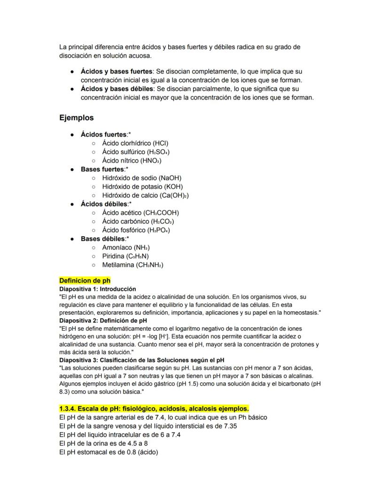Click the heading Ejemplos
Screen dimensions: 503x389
[x=76, y=117]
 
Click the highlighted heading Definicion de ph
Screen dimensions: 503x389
[x=85, y=281]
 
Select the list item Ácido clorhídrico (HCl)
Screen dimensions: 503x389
[x=135, y=143]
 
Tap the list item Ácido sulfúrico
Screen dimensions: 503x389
[x=136, y=152]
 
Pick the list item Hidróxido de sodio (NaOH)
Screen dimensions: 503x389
[x=141, y=178]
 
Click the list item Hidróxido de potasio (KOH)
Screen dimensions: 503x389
[x=142, y=186]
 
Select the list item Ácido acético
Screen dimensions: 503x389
[x=140, y=213]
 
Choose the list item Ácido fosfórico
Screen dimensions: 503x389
[x=136, y=230]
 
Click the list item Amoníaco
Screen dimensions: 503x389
[x=125, y=248]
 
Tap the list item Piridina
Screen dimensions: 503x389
[x=125, y=256]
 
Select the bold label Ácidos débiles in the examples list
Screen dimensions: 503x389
[x=104, y=204]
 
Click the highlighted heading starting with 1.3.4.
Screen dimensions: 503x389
[x=154, y=408]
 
